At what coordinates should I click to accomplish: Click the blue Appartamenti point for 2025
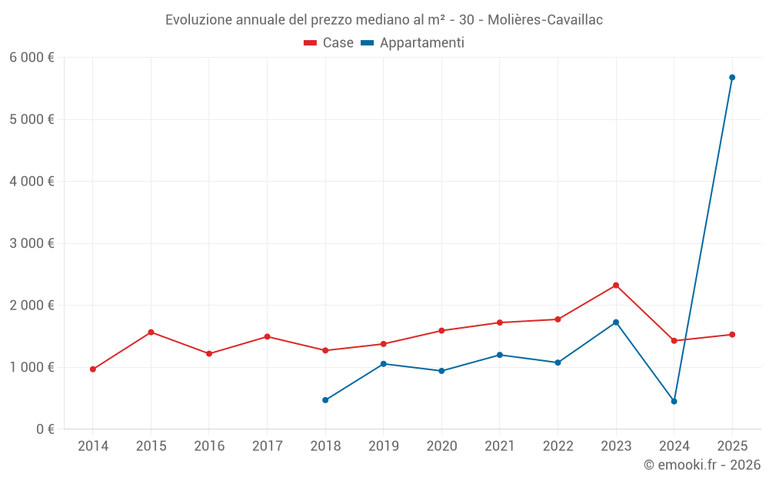tap(732, 78)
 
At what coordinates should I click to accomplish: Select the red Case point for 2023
tap(616, 286)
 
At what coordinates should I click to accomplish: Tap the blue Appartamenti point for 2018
tap(325, 400)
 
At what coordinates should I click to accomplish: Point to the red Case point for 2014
tap(93, 369)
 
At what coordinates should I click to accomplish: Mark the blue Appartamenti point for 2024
tap(674, 402)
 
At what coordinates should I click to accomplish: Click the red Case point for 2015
tap(151, 332)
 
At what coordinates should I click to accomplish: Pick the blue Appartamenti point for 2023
tap(616, 322)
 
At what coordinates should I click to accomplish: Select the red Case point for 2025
tap(732, 335)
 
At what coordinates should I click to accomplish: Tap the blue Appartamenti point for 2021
tap(500, 355)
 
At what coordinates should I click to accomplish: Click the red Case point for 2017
tap(267, 336)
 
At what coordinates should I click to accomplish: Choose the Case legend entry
tap(329, 43)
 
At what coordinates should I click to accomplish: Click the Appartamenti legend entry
tap(413, 43)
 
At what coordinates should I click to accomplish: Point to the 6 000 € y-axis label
tap(32, 58)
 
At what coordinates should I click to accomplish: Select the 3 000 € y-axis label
tap(32, 243)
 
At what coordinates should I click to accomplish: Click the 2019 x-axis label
tap(383, 446)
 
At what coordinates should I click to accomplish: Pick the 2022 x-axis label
tap(558, 446)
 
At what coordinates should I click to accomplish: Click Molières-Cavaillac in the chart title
tap(548, 20)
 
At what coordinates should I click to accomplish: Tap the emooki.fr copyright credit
tap(701, 465)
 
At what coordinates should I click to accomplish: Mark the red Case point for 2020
tap(441, 331)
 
